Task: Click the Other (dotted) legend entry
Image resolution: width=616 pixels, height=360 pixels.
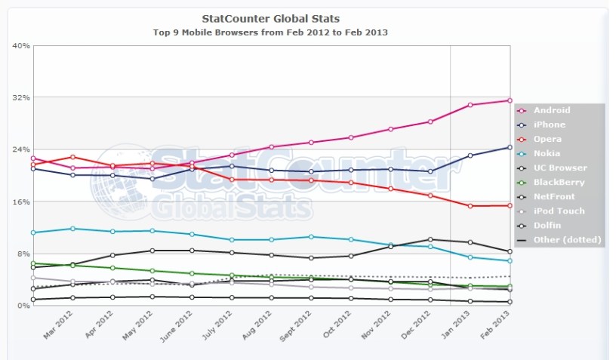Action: (x=566, y=240)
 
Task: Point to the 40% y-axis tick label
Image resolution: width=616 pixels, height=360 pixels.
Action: (x=21, y=46)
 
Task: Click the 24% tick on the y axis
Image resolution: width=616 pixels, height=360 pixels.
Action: (x=21, y=149)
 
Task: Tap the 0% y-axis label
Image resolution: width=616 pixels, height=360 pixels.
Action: (x=23, y=306)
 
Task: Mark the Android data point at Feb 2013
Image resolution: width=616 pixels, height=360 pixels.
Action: (x=510, y=100)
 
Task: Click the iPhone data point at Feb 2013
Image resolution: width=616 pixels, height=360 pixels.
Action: (x=510, y=147)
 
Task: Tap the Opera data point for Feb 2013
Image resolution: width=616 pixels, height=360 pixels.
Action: (x=510, y=205)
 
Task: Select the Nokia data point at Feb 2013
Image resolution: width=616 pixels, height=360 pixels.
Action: (x=510, y=261)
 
